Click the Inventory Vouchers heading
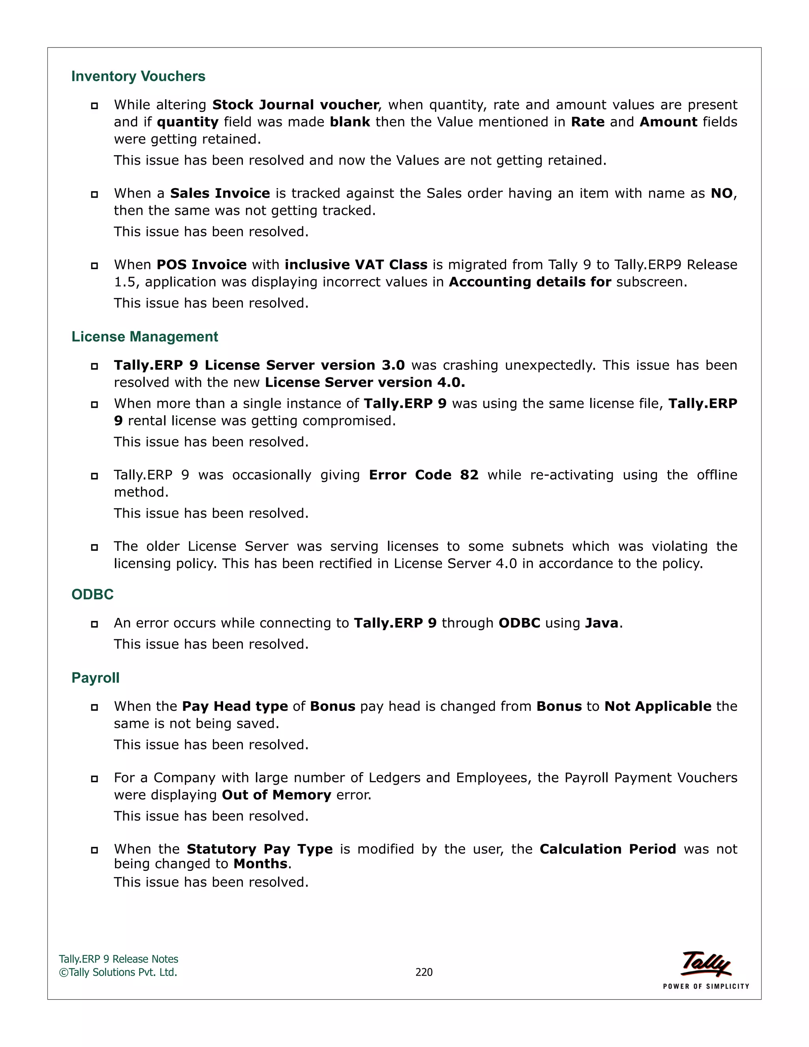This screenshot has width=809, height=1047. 138,76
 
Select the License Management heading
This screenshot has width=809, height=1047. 144,337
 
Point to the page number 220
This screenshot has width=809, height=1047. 424,972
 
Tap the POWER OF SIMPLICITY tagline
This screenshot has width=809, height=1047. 706,986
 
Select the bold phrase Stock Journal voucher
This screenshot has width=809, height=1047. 295,105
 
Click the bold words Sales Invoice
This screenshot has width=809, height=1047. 220,193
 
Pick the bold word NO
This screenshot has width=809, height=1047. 721,193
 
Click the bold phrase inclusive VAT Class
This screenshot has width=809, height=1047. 356,265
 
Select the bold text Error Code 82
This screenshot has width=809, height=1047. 424,475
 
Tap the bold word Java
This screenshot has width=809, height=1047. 602,623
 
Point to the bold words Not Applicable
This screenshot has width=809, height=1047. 658,706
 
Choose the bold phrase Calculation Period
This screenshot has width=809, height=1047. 607,849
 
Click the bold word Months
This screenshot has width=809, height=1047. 261,864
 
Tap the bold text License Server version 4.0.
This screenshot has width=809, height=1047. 365,382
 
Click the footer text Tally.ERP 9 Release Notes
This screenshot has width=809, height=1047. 119,959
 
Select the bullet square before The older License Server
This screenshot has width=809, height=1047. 94,547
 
